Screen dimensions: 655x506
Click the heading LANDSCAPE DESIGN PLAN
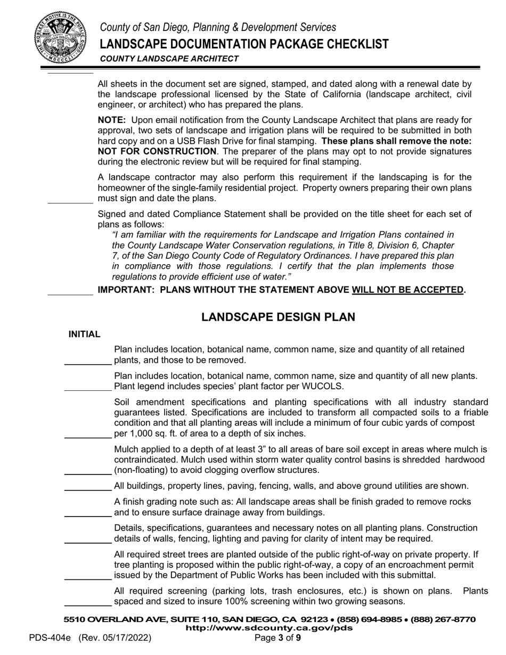278,317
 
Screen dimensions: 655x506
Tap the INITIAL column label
84,334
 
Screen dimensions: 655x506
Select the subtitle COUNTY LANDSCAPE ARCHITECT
169,59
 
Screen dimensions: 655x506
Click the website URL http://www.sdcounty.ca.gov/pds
268,628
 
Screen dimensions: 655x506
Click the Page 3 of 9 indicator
278,638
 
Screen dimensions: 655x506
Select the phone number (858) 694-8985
371,620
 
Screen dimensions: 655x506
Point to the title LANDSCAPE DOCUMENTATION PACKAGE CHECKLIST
244,44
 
